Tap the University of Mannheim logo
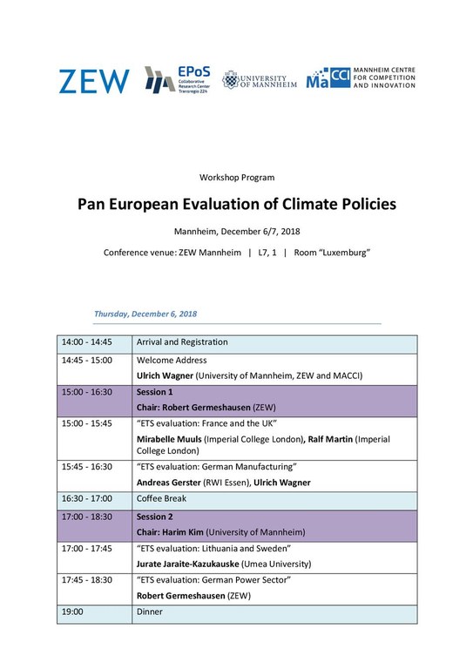pyautogui.click(x=260, y=80)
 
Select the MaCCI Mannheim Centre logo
pyautogui.click(x=361, y=79)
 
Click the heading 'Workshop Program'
pyautogui.click(x=236, y=177)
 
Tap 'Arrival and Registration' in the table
pyautogui.click(x=182, y=342)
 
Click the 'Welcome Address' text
pyautogui.click(x=172, y=360)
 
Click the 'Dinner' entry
pyautogui.click(x=150, y=612)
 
